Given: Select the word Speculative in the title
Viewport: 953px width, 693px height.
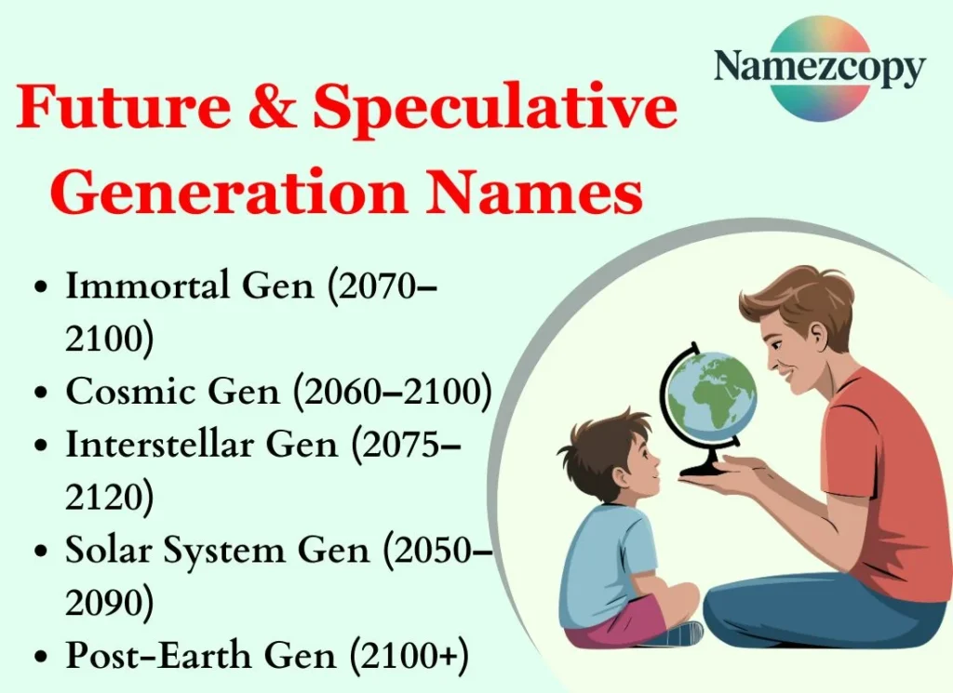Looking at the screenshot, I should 494,109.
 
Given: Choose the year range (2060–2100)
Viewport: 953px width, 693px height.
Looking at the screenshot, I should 392,393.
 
